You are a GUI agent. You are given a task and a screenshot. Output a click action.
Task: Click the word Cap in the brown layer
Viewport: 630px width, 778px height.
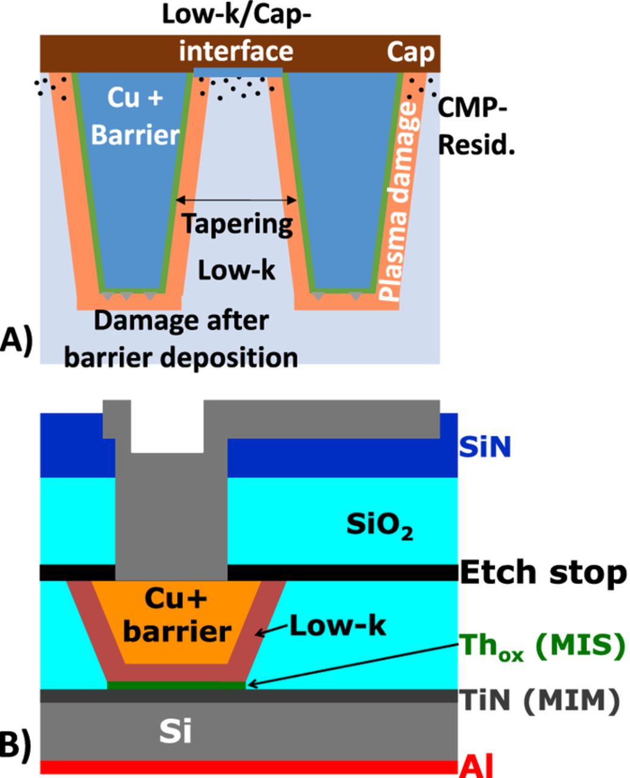coord(411,53)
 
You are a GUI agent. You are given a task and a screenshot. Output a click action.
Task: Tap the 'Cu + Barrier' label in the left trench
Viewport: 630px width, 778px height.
coord(135,117)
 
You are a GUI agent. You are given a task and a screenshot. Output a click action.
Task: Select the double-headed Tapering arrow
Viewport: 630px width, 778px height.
coord(236,200)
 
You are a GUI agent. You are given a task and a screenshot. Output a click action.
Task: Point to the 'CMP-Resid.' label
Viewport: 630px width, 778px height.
coord(476,128)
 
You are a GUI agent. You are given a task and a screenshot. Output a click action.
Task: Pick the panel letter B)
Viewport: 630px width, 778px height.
coord(17,746)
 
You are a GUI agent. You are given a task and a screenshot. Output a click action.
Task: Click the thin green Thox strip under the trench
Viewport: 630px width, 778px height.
coord(176,685)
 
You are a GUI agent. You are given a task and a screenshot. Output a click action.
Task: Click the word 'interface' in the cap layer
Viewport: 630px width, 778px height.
coord(236,52)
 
